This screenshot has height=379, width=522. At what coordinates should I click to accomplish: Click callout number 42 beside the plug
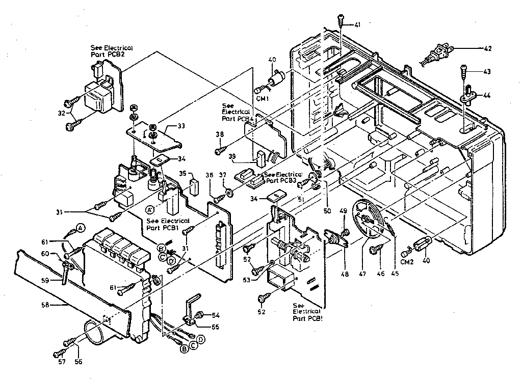(488, 48)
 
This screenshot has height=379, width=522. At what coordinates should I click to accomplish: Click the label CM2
(407, 262)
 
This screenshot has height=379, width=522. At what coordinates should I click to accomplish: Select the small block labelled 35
(194, 186)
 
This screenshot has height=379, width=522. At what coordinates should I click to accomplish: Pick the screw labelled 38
(220, 150)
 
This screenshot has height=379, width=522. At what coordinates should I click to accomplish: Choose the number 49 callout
(343, 212)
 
